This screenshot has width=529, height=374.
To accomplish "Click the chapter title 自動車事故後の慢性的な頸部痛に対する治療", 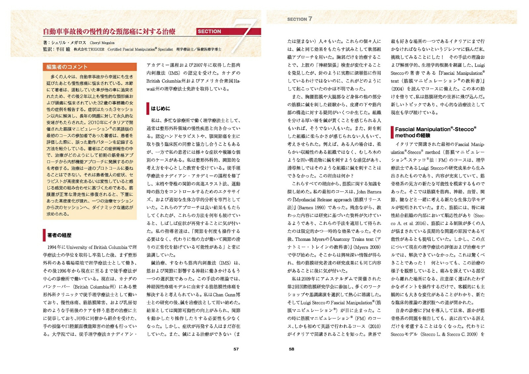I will [x=109, y=32].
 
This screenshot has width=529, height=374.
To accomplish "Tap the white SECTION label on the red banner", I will [x=209, y=32].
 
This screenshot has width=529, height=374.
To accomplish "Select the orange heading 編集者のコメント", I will [x=67, y=67].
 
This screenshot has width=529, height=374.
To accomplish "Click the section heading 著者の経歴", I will [x=59, y=235].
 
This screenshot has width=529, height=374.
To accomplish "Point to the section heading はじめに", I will [x=160, y=108].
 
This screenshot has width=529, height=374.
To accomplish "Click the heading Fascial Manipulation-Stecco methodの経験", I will [x=435, y=132].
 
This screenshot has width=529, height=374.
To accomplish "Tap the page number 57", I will [x=236, y=349].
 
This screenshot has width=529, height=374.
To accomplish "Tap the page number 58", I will [x=291, y=349].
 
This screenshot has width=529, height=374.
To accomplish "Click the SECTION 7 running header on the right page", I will [x=299, y=19].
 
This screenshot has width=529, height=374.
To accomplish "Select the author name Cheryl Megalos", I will [x=102, y=43].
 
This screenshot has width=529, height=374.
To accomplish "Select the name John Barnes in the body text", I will [x=369, y=192].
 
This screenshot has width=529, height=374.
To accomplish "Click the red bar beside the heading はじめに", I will [x=148, y=108].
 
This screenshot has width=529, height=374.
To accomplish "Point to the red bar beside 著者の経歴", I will [x=44, y=235].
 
